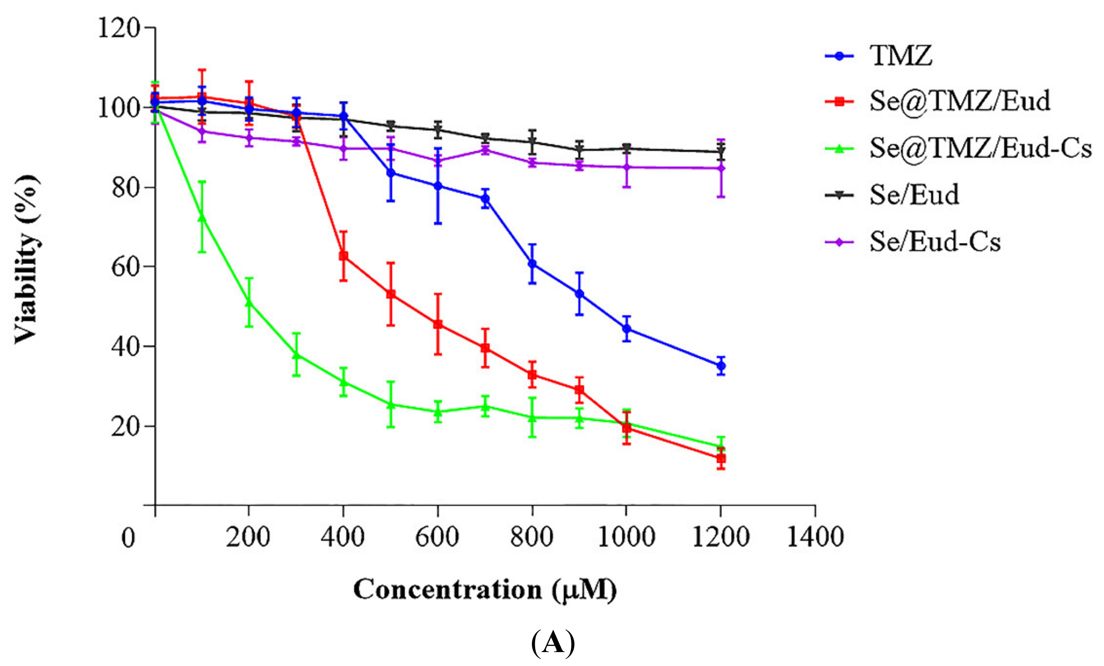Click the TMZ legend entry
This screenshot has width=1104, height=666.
tap(901, 56)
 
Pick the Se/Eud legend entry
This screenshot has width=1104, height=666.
tap(914, 195)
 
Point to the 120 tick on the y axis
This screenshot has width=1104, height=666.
tap(119, 28)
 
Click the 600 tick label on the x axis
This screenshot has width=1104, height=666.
tap(437, 537)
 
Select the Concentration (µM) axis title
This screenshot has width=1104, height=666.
tap(485, 590)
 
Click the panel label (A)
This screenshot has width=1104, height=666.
tap(552, 643)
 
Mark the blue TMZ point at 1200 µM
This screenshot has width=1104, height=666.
tap(721, 366)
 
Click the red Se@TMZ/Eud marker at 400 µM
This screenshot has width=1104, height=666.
tap(344, 256)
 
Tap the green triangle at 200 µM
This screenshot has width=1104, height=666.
tap(249, 303)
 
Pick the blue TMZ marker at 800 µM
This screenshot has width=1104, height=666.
tap(532, 264)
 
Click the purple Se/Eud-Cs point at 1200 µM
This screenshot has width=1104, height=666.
tap(721, 168)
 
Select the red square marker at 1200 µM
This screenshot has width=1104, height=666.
tap(721, 458)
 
